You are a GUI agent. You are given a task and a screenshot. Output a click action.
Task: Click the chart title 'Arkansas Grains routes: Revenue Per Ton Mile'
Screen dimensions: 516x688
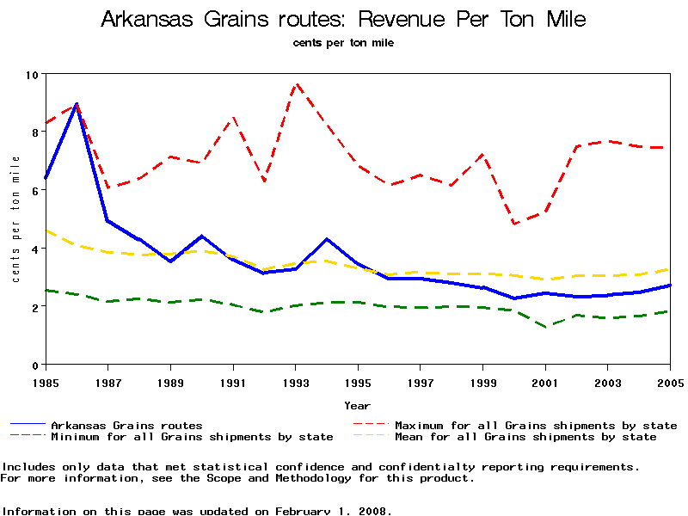click(x=343, y=19)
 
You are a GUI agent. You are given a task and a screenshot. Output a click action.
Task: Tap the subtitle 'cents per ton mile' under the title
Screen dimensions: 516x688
click(x=343, y=42)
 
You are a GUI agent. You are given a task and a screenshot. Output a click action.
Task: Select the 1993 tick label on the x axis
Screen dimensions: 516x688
click(x=295, y=382)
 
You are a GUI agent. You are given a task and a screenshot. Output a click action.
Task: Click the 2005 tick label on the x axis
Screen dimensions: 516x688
click(x=670, y=382)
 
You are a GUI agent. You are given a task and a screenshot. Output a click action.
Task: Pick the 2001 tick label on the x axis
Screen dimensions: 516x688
click(x=545, y=382)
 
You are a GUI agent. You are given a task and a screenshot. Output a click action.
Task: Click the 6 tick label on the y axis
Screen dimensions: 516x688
click(x=34, y=191)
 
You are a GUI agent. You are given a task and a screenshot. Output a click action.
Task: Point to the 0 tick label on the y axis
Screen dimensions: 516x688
click(x=34, y=365)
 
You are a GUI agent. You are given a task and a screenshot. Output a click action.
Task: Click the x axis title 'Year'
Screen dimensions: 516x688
click(x=357, y=405)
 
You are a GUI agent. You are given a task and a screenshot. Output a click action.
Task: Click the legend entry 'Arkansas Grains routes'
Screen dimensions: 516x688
click(x=126, y=425)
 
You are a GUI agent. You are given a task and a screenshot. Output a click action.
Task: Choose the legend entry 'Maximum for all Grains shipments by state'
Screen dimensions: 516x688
click(x=536, y=425)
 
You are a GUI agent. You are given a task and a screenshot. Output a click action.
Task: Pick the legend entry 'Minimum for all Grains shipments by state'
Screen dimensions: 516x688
click(x=192, y=437)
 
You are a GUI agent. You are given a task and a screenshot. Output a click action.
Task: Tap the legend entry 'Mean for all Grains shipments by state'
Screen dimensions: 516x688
click(x=525, y=437)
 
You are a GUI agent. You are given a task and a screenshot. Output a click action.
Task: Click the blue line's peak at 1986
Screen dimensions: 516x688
click(x=76, y=104)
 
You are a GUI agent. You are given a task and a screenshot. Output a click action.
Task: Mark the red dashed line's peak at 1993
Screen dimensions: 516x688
click(x=296, y=84)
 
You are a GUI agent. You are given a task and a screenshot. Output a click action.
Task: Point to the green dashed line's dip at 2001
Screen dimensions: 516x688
click(x=545, y=327)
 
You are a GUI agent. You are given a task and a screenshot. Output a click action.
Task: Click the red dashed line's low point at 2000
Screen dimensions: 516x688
click(x=514, y=224)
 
